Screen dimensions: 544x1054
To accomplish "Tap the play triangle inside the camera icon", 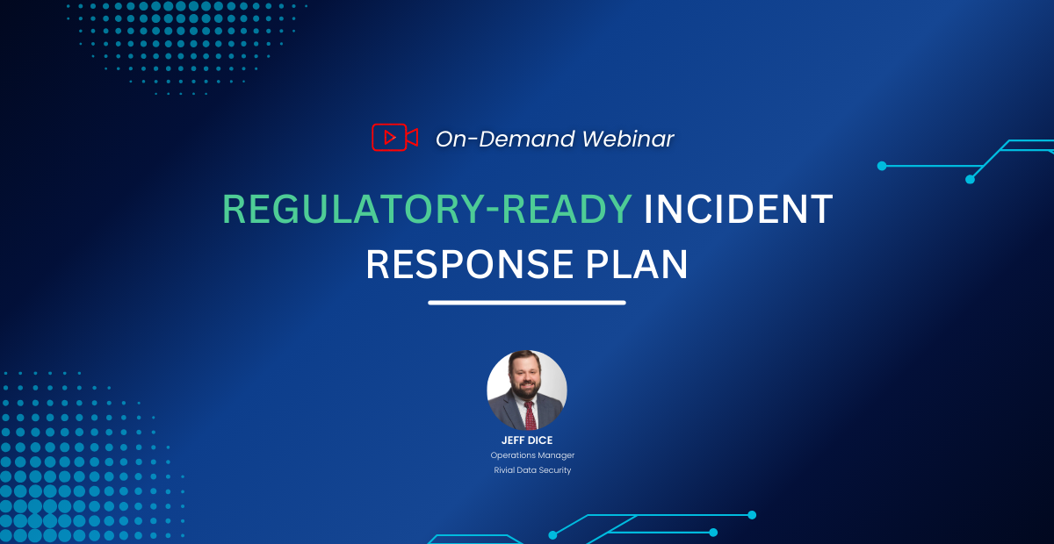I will point(389,137).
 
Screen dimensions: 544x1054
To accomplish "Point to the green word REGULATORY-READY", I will point(427,209).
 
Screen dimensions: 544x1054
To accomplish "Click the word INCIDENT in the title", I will point(738,209).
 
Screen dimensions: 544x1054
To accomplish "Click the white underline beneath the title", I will point(527,303).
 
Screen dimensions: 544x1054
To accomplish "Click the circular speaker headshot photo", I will point(527,390).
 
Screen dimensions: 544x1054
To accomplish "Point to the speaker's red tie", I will point(530,413).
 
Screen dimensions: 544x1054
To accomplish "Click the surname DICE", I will point(540,441).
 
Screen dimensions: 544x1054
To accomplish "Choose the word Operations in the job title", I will point(511,455).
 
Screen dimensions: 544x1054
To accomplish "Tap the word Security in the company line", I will point(555,470).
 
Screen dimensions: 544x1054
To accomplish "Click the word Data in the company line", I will point(527,470).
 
